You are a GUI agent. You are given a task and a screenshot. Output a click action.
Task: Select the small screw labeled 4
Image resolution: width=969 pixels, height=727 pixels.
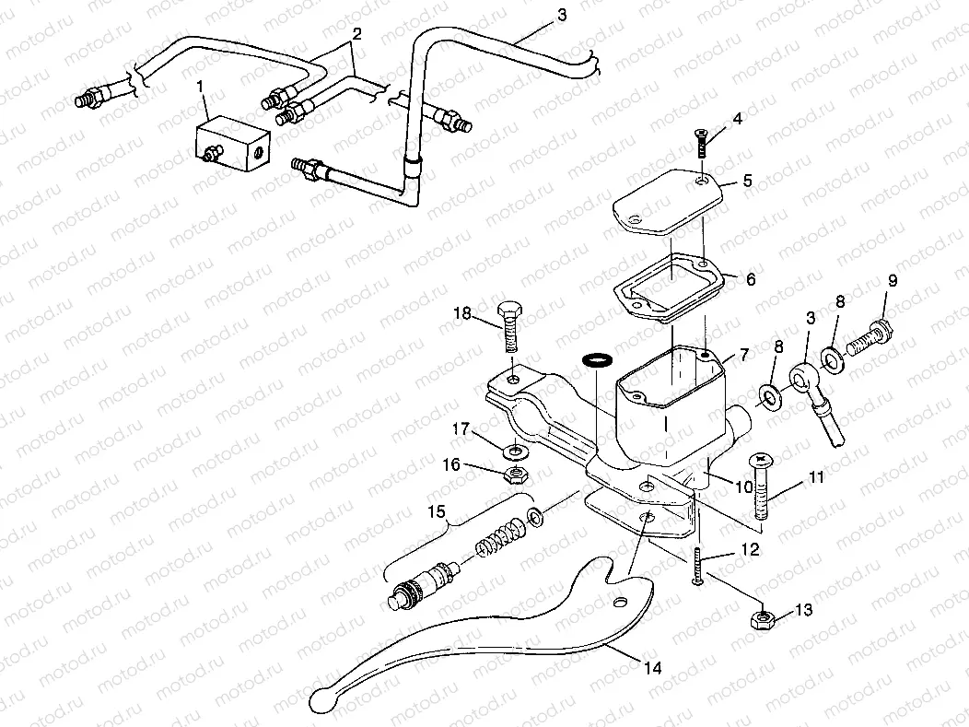click(x=700, y=144)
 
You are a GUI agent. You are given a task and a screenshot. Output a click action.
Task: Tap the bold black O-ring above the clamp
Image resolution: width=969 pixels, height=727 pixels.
click(x=596, y=358)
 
